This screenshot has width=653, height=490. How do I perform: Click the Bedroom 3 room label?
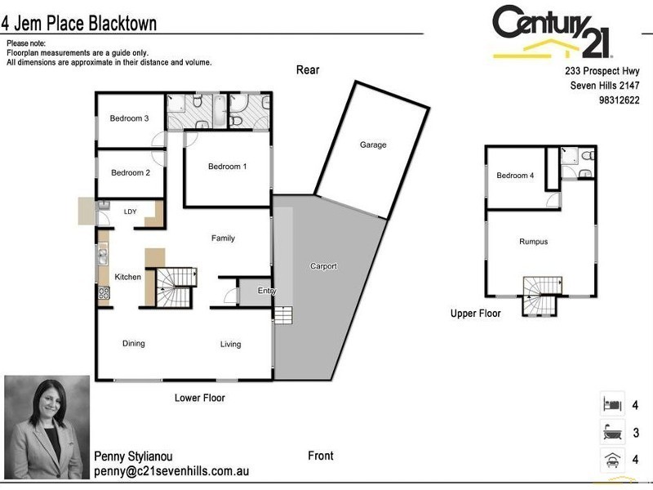click(x=129, y=118)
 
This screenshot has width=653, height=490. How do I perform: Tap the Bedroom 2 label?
click(x=131, y=172)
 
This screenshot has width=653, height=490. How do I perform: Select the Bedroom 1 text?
click(x=227, y=167)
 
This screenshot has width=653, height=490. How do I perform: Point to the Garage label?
click(x=372, y=145)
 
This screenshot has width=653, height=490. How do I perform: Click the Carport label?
click(x=323, y=266)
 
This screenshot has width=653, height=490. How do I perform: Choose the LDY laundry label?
click(x=130, y=212)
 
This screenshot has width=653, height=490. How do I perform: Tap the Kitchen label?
click(x=127, y=277)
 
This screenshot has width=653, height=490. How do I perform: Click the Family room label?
click(x=223, y=238)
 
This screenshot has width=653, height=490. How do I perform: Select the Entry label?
click(x=266, y=291)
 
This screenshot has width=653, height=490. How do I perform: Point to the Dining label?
click(x=134, y=344)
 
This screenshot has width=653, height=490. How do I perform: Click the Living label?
click(x=230, y=345)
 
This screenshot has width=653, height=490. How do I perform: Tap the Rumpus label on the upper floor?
click(x=533, y=242)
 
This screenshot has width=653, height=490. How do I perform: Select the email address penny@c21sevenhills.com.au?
click(x=171, y=472)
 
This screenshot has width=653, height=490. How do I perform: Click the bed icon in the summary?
click(x=611, y=403)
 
